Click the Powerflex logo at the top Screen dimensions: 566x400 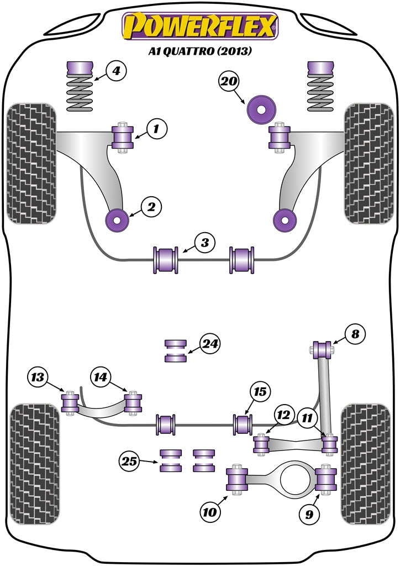coord(200,26)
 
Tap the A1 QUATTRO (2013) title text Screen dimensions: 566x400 coord(200,52)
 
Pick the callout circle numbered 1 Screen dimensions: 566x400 coord(156,129)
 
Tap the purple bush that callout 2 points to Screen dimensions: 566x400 coord(117,221)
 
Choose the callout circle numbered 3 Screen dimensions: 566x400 coord(204,243)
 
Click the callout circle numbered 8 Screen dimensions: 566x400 coord(354,333)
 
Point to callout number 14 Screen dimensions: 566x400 coord(101,378)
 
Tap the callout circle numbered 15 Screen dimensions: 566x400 coord(260,392)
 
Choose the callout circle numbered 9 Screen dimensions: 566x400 coord(309,515)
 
